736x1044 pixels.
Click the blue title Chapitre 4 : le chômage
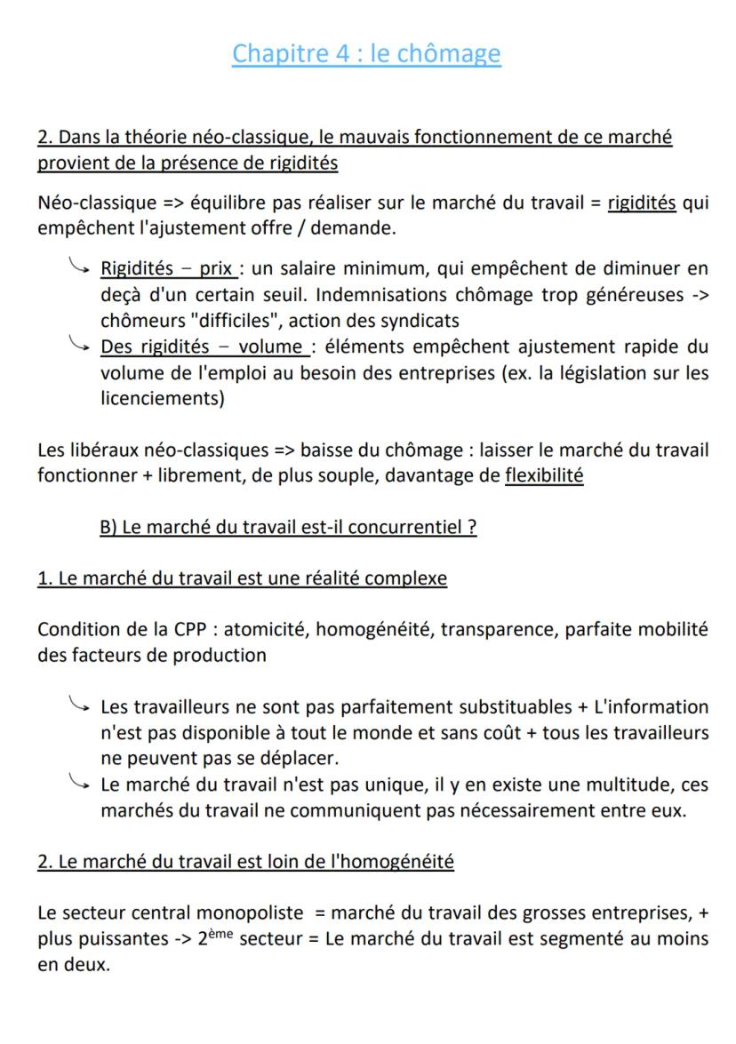(x=366, y=54)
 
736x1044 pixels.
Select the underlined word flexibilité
(x=544, y=475)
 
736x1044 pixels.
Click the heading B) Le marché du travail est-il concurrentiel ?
(x=288, y=527)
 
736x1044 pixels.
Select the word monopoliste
(x=236, y=914)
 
